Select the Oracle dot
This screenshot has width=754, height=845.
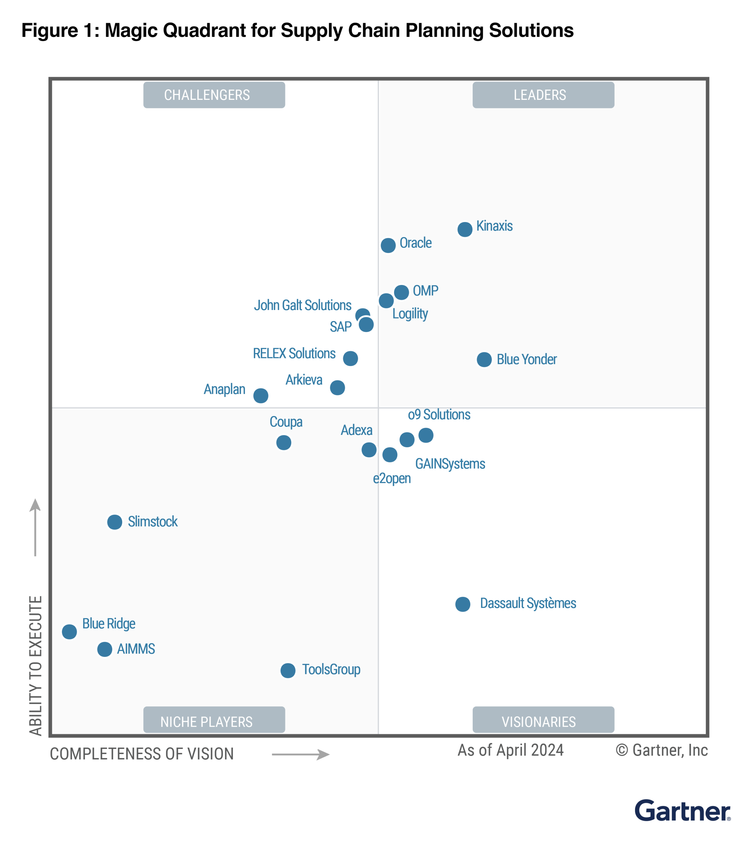388,245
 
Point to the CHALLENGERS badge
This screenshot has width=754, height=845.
214,95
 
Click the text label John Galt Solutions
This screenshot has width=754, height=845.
302,305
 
